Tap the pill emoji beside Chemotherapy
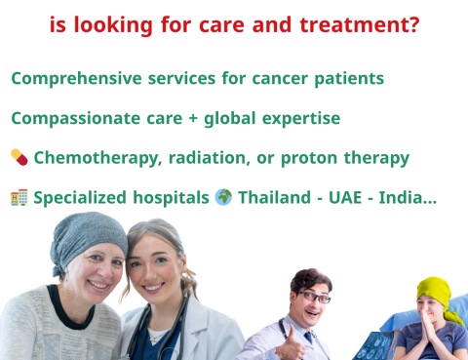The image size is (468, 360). click(x=19, y=157)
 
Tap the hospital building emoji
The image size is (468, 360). click(x=19, y=197)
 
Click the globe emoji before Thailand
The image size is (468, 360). click(x=223, y=197)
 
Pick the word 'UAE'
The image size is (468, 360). click(x=350, y=197)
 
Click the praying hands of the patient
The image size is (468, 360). click(x=426, y=336)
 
